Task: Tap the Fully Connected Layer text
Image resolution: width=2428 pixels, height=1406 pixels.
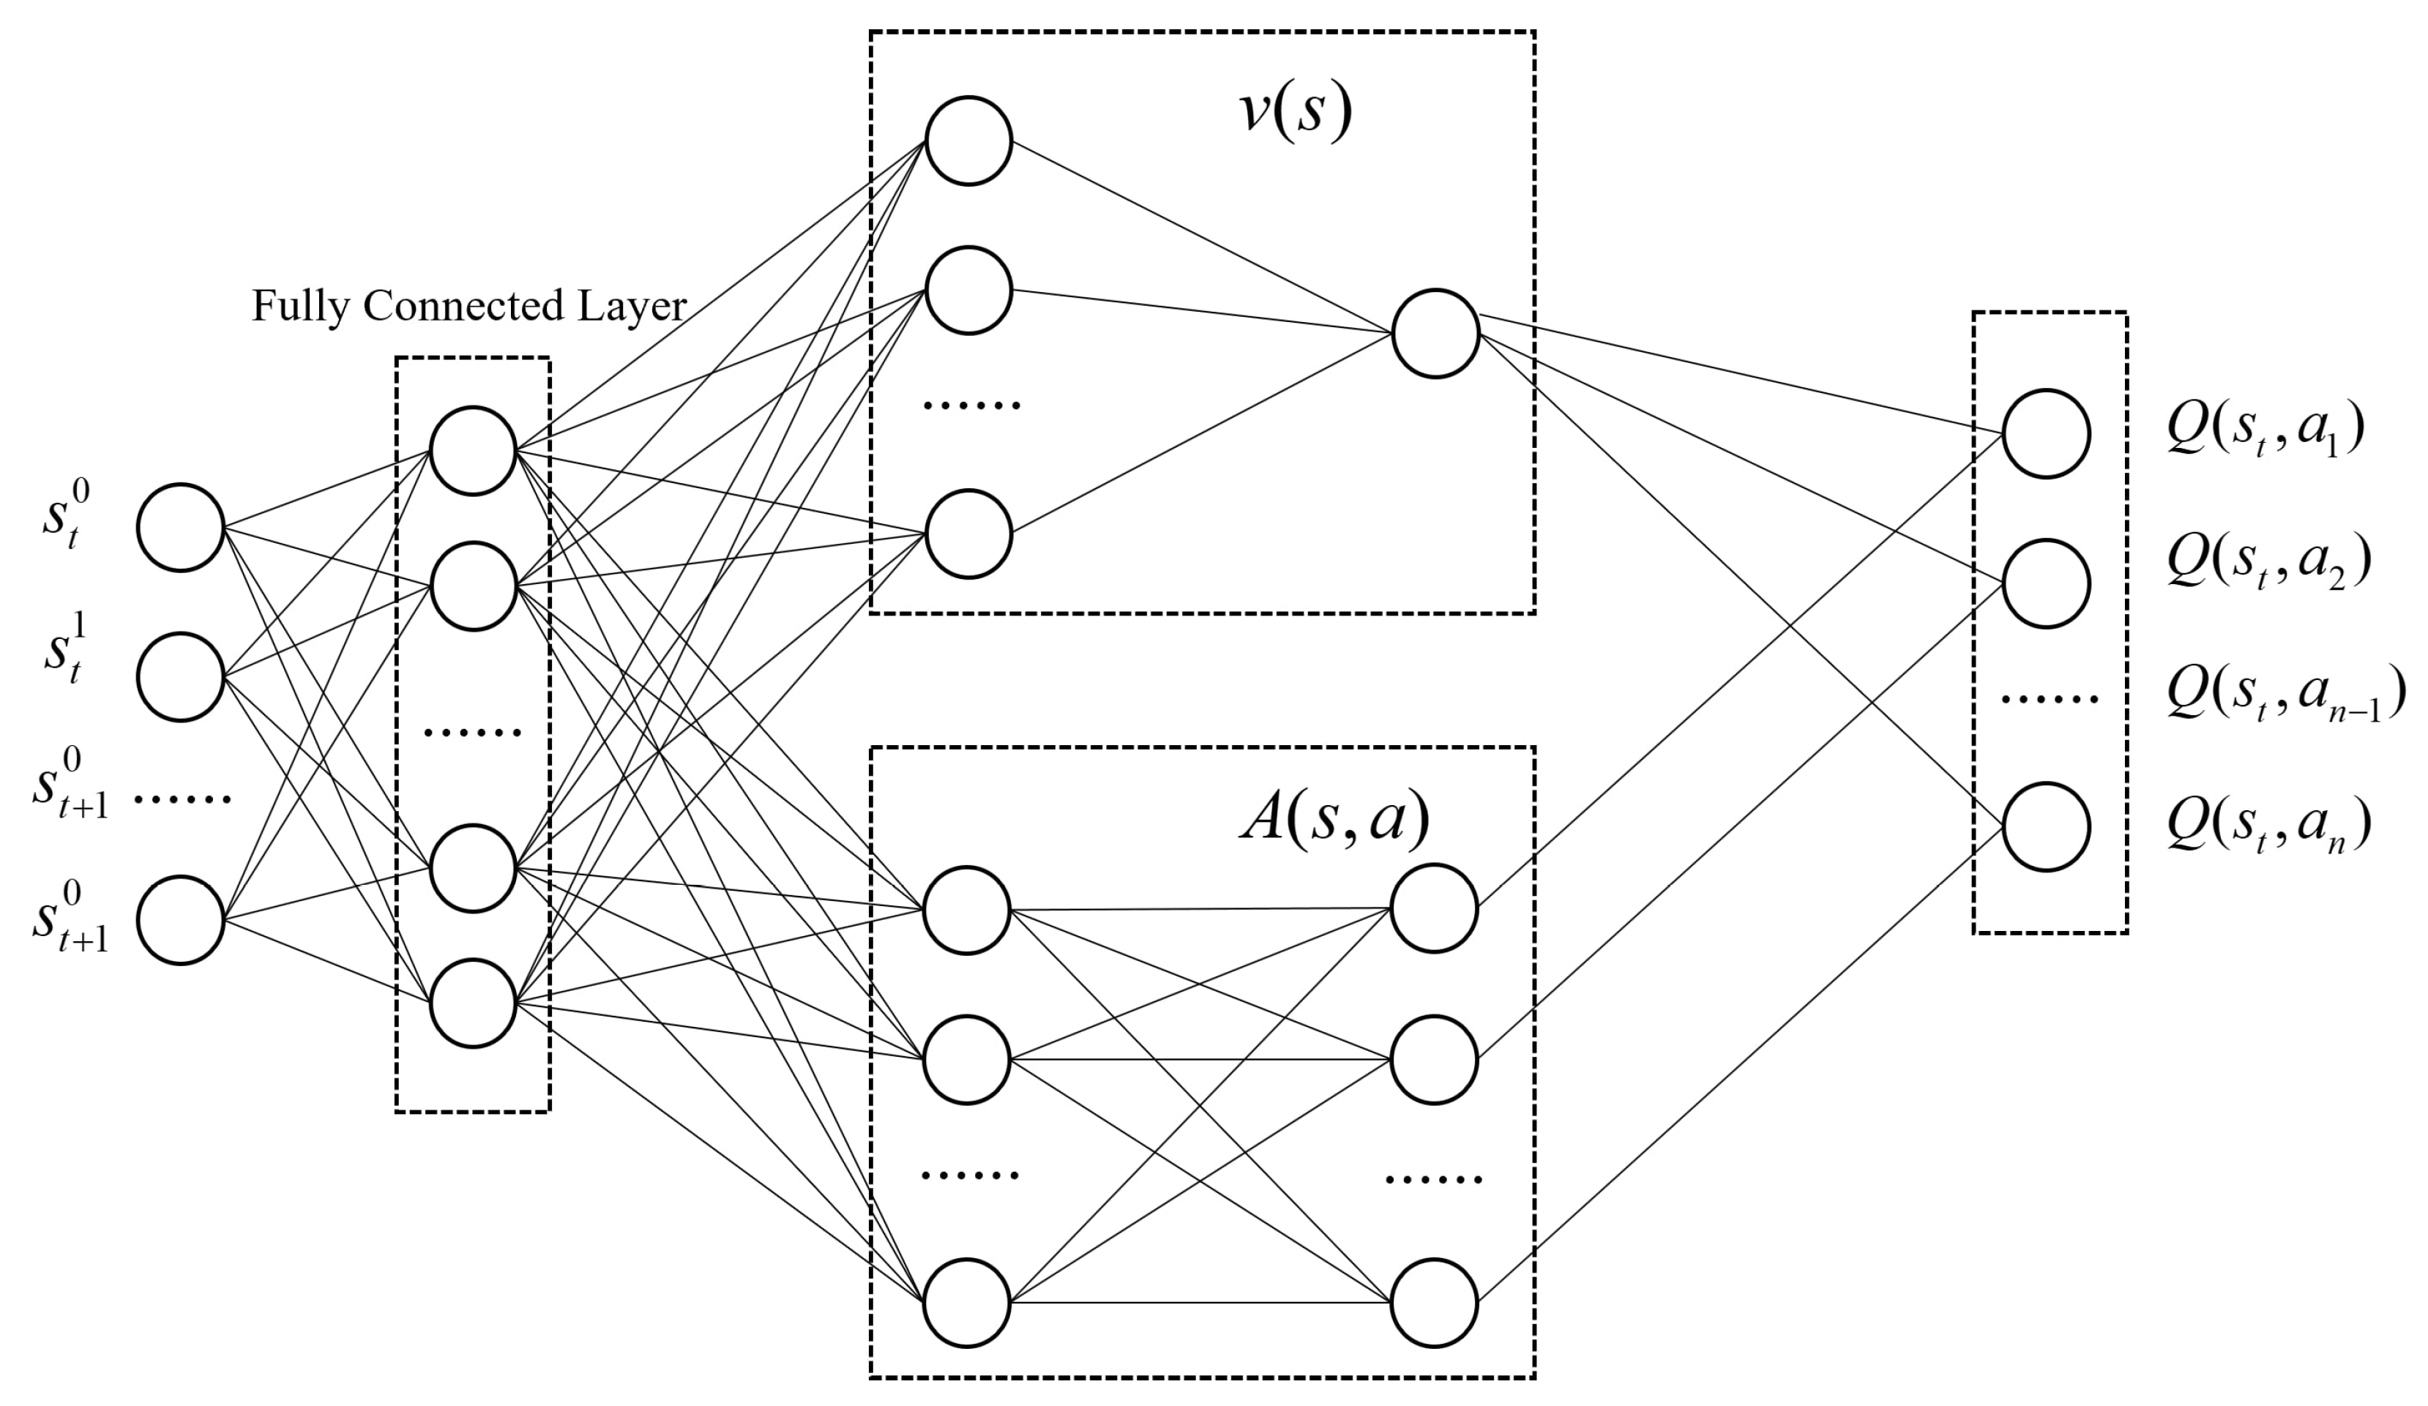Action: (x=469, y=307)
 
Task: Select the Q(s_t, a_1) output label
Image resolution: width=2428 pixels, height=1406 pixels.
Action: (x=2264, y=433)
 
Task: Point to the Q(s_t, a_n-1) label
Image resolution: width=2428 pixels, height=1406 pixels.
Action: (x=2284, y=693)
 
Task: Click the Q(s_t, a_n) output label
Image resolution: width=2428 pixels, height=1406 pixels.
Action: (x=2268, y=826)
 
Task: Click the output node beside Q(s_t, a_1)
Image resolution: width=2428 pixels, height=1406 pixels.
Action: (x=2045, y=433)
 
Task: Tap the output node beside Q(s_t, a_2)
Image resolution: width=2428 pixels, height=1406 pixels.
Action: (x=2045, y=583)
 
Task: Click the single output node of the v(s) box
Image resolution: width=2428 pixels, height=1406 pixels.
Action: (x=1435, y=334)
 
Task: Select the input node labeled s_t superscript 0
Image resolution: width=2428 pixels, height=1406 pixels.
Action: (x=181, y=527)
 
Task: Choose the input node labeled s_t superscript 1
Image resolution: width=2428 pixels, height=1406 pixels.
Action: (x=181, y=676)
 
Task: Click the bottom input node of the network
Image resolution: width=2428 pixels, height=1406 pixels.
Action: (x=181, y=920)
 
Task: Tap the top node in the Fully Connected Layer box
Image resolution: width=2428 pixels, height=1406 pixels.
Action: (x=473, y=451)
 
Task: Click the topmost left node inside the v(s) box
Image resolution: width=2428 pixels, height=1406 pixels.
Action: (x=968, y=141)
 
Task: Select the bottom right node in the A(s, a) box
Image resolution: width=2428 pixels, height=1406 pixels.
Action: (x=1434, y=1303)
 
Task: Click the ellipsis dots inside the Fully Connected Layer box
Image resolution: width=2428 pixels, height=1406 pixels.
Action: (x=473, y=733)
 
